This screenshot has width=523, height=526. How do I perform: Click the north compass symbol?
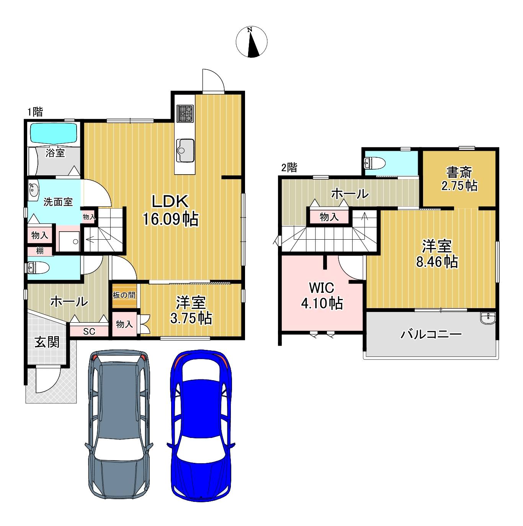point(251,42)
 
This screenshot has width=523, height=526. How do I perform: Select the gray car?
point(119,428)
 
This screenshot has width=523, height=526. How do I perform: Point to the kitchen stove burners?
point(185,114)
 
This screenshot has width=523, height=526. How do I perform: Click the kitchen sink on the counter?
point(185,150)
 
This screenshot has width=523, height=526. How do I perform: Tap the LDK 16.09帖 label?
point(170,210)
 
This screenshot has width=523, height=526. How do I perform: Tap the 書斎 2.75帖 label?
point(459,179)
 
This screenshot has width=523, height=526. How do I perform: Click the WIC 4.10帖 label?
point(322,295)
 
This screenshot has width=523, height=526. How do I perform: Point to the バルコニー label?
point(431,334)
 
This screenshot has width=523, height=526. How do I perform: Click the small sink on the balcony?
point(488,318)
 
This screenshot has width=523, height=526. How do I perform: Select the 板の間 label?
point(124,295)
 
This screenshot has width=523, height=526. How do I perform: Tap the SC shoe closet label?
point(89,332)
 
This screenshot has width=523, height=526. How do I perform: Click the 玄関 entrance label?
point(47,342)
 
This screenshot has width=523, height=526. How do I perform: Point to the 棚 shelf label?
point(40,251)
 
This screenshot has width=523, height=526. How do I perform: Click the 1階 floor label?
point(35,112)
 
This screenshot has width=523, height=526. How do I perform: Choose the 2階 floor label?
point(289,168)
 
